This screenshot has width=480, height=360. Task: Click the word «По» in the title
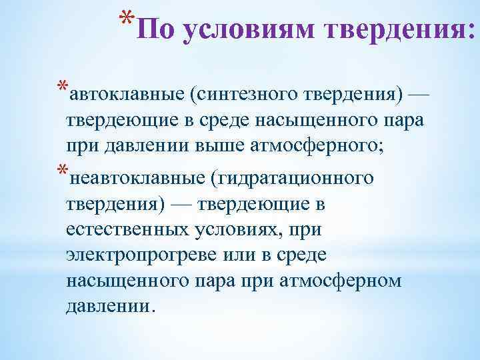(x=158, y=29)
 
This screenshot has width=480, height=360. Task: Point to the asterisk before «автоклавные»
(x=62, y=87)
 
